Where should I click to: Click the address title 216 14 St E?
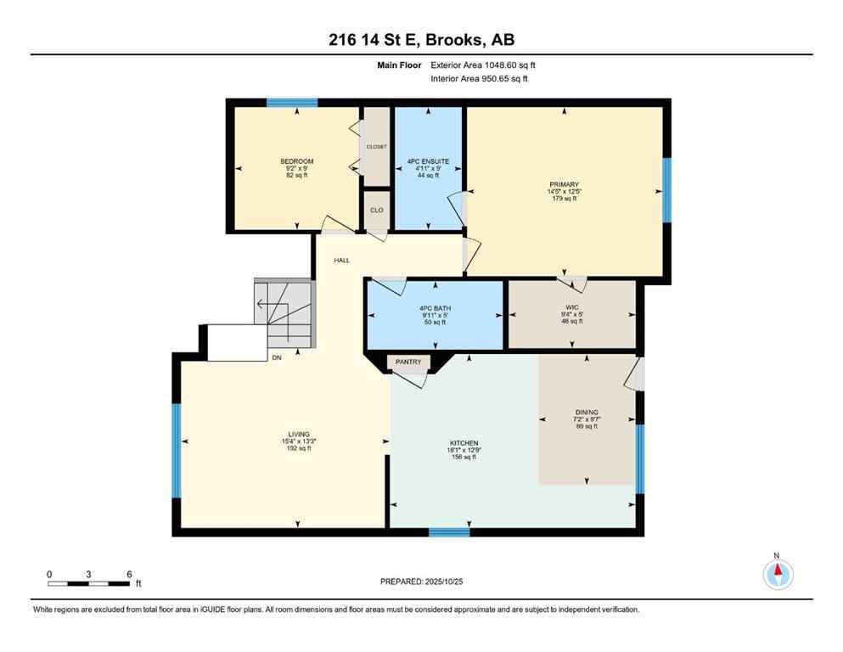coord(421,40)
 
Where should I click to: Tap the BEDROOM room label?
coord(297,161)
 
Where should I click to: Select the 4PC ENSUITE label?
coord(428,161)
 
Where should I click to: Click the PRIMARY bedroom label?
coord(564,184)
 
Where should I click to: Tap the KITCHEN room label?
coord(464,443)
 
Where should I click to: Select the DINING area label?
coord(587,413)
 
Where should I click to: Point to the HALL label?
coord(341,261)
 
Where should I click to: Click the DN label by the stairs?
coord(276,358)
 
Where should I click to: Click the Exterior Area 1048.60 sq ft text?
coord(483,65)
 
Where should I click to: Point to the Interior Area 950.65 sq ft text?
coord(480,79)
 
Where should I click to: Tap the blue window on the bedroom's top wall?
coord(292,103)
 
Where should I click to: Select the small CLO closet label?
coord(376,210)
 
